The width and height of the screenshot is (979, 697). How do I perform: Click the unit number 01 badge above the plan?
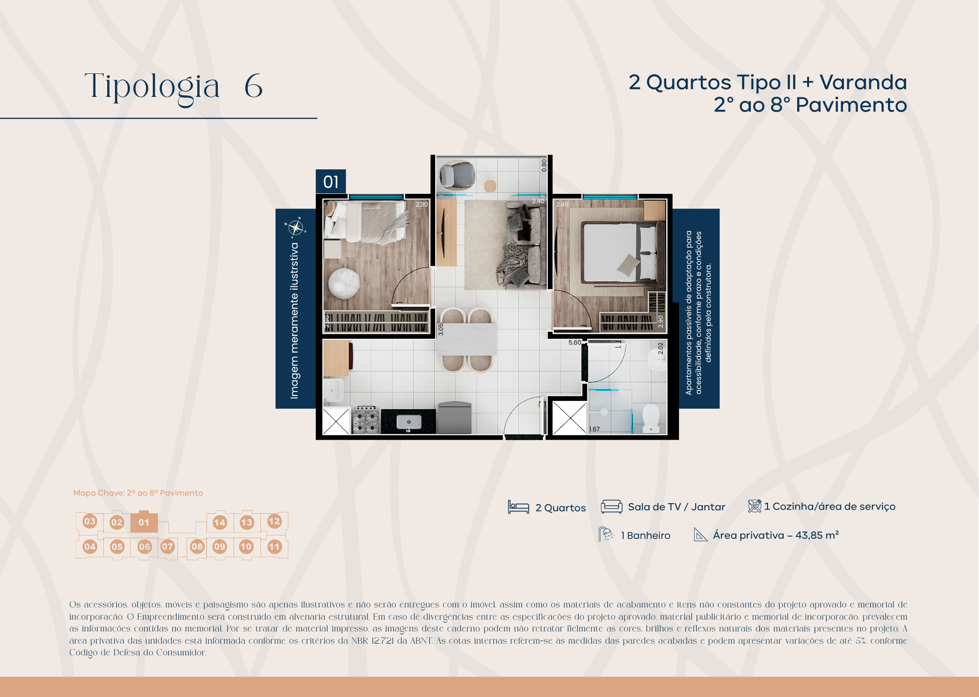pos(331,182)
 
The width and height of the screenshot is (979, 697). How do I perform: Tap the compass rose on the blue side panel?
pos(296,228)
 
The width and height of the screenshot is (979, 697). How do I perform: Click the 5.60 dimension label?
pos(575,343)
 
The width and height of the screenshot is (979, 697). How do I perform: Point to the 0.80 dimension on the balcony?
pos(544,165)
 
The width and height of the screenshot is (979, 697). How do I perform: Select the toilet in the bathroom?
pos(651,418)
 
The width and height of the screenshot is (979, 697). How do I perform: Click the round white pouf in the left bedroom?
pos(344,283)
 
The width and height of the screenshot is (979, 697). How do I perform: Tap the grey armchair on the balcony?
pos(457,175)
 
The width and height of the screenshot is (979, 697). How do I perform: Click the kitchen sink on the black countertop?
pos(409,422)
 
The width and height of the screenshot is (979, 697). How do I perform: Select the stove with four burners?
pos(366,419)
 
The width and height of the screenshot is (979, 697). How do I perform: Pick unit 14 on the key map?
pos(220,522)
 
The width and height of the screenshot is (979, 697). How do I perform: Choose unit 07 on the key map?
pos(167,546)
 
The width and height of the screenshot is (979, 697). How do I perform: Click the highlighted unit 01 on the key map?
pos(143,522)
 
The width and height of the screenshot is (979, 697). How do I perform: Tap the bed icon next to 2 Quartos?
pos(518,507)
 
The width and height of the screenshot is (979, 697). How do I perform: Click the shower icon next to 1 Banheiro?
pos(606,534)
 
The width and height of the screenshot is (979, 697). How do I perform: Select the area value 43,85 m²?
pos(816,535)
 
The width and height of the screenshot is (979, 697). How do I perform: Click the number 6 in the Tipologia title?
pos(254,86)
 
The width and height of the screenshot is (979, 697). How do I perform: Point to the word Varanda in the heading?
pos(863,82)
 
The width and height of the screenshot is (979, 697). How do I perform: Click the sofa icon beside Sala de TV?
pos(611,507)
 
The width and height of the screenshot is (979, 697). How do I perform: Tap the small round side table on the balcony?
pos(490,186)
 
